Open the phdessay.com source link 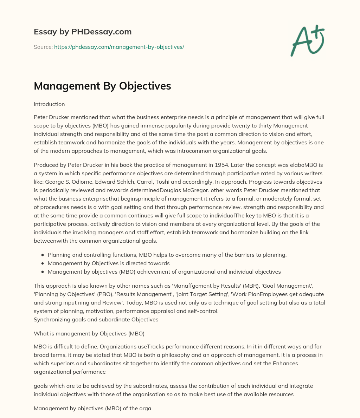tap(119, 47)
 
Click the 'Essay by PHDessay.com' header tap(83, 32)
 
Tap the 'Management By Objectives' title tap(102, 86)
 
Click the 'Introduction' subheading tap(49, 104)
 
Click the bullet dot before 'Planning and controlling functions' tap(43, 255)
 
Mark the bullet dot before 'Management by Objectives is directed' tap(43, 263)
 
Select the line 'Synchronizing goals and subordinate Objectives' tap(96, 319)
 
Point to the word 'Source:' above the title tap(43, 47)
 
